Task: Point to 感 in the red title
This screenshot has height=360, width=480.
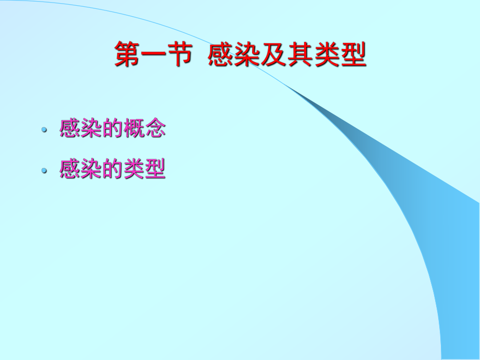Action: coord(221,55)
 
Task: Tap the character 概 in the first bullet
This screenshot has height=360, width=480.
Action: coord(134,128)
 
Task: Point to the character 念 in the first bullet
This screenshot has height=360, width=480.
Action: coord(155,128)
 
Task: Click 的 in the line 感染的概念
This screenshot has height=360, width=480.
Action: coord(112,128)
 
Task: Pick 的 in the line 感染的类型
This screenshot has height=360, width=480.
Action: coord(112,169)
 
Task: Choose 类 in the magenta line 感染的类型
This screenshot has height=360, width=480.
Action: coord(134,169)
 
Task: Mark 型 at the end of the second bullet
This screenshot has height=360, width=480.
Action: coord(155,169)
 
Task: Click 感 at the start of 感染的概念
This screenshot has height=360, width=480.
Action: coord(69,128)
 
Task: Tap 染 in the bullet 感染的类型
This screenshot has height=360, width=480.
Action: coord(91,169)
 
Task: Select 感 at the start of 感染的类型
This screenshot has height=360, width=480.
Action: coord(69,169)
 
